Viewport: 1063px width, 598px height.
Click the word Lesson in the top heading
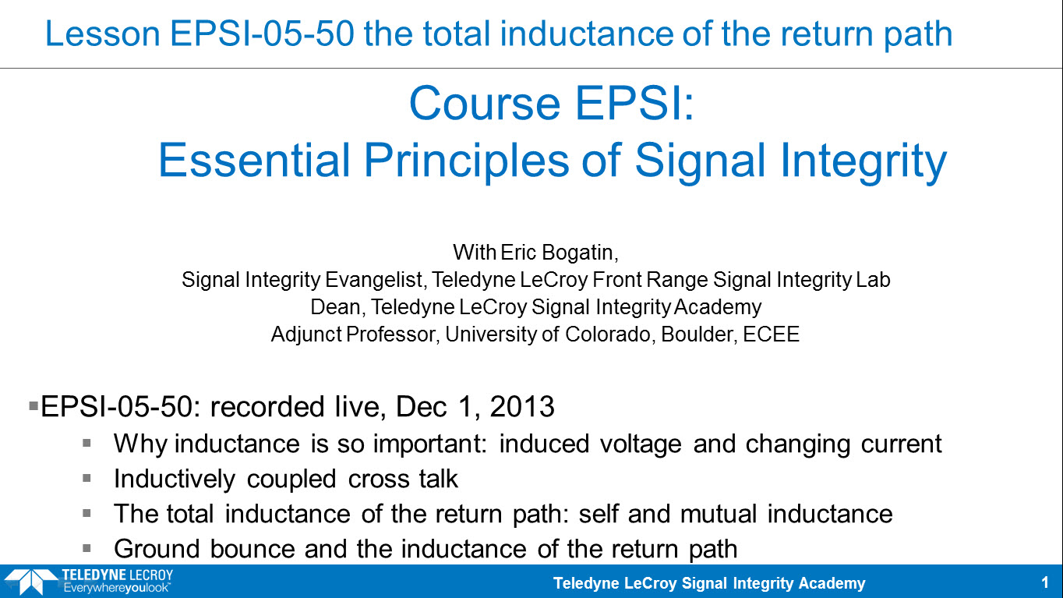click(x=103, y=34)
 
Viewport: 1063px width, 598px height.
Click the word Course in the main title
click(x=485, y=104)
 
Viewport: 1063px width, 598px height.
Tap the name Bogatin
click(x=580, y=253)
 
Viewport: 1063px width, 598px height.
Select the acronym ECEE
click(x=772, y=334)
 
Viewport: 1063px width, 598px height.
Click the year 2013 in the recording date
click(x=522, y=407)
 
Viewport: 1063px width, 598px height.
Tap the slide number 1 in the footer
click(x=1045, y=582)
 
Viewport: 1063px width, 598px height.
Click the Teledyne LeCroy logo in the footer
click(x=88, y=582)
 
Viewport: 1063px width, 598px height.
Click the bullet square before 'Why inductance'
click(x=87, y=444)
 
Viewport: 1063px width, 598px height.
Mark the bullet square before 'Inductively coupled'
click(x=87, y=478)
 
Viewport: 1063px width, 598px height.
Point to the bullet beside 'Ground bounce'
click(x=87, y=549)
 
